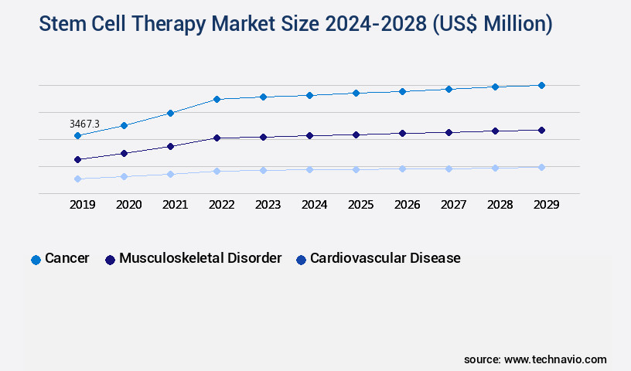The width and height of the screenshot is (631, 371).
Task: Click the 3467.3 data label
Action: (84, 124)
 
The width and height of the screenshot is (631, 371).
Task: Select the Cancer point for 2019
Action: (77, 136)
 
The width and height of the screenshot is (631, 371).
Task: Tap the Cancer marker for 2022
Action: (217, 99)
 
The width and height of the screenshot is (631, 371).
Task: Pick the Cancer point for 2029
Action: (541, 85)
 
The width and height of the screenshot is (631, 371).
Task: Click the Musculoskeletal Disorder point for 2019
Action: (77, 159)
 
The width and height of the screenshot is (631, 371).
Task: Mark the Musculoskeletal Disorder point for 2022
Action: (217, 138)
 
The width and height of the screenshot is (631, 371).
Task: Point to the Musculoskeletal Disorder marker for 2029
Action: (541, 130)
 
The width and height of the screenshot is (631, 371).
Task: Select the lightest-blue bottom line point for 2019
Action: (77, 179)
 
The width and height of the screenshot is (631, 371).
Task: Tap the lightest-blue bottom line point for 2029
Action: (541, 167)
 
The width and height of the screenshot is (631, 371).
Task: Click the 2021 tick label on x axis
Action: (175, 205)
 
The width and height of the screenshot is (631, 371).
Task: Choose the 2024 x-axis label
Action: (314, 205)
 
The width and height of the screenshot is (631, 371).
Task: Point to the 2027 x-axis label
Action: (453, 205)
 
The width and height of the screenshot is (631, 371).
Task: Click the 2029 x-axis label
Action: (546, 205)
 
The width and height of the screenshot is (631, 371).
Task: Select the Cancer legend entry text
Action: (67, 258)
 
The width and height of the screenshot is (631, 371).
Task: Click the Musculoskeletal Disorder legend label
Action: (200, 258)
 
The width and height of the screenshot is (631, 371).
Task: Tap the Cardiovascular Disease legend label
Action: (385, 258)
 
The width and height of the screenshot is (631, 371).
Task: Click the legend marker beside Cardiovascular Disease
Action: (302, 260)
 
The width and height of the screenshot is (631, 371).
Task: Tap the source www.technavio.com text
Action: (535, 359)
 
